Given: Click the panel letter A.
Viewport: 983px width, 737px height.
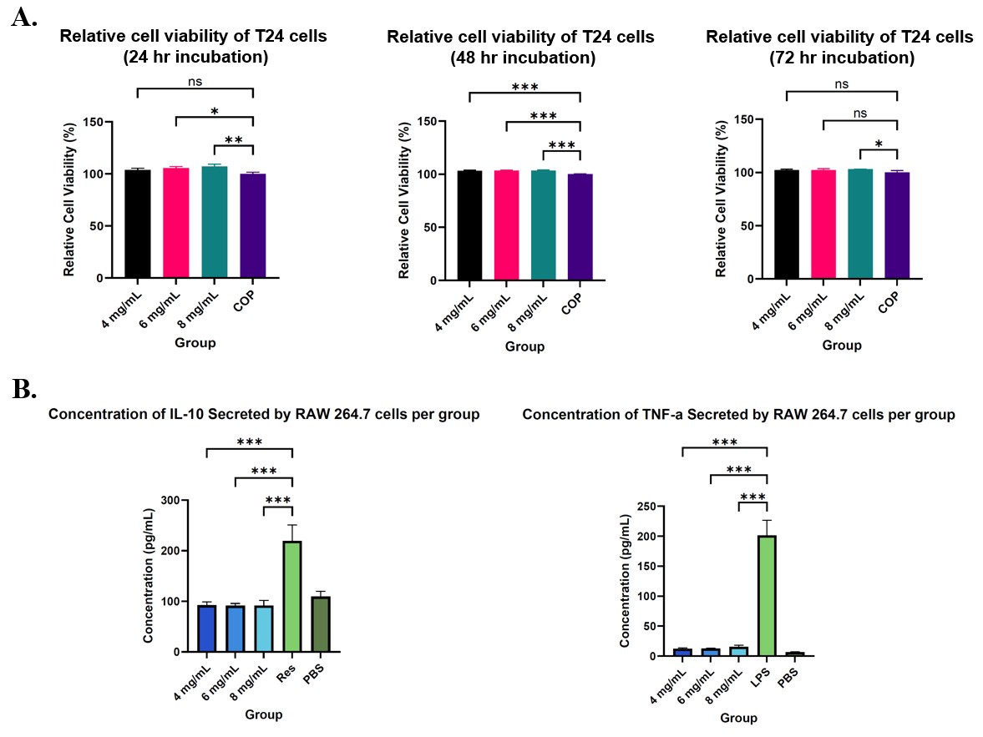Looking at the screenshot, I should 24,18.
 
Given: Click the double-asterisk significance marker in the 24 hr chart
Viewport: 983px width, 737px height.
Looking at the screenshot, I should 233,139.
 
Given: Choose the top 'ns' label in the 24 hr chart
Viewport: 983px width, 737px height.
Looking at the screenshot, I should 195,82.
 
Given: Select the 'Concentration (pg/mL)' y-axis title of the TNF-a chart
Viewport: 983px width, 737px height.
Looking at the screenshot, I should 625,581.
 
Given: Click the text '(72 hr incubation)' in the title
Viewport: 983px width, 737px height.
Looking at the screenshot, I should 839,58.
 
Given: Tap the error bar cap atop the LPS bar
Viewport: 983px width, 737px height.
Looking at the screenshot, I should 765,520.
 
